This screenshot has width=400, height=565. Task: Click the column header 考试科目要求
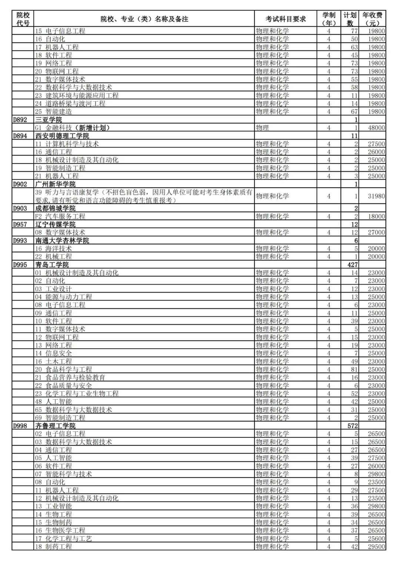286,19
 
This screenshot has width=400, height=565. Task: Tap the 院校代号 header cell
23,19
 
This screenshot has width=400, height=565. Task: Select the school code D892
20,120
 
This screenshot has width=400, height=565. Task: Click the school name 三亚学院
49,120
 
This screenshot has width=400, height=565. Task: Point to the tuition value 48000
376,128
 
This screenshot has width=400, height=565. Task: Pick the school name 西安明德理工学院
62,136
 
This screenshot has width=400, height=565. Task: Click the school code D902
20,184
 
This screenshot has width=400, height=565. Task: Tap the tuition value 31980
376,196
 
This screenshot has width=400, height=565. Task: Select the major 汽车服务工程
65,216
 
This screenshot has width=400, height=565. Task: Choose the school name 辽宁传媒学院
55,225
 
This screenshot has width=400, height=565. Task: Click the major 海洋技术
59,249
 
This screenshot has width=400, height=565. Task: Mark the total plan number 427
352,265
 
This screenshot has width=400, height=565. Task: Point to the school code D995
20,265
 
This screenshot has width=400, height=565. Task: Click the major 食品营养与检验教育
75,377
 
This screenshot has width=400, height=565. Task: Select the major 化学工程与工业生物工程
82,394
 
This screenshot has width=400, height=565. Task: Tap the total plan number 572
352,426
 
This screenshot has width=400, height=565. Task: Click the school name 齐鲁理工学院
55,426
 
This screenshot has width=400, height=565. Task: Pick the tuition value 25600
376,539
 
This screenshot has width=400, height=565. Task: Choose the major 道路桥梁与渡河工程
75,104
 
